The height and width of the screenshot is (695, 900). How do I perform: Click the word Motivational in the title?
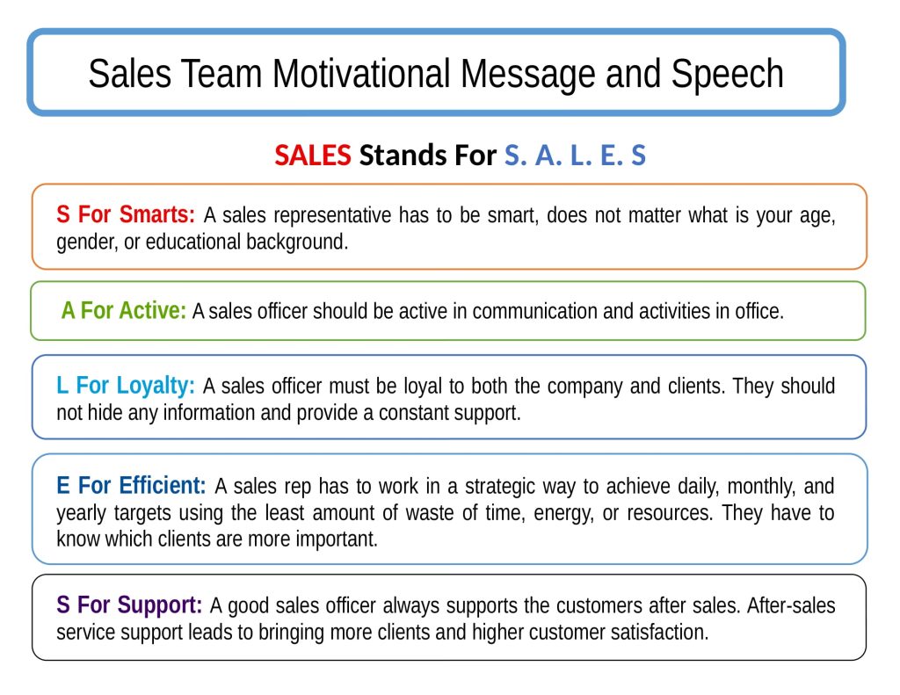pos(361,74)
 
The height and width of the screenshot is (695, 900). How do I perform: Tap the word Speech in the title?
pos(727,75)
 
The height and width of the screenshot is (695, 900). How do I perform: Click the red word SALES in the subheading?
pos(313,155)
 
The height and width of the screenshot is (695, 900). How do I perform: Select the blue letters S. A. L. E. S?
pos(575,155)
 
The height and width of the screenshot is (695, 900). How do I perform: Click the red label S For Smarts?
pos(126,214)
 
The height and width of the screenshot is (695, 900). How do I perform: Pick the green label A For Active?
pos(123,310)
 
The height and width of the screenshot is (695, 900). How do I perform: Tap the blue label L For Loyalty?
pos(126,387)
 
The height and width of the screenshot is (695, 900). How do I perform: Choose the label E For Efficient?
pos(131,486)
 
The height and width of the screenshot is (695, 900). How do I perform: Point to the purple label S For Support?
pos(129,605)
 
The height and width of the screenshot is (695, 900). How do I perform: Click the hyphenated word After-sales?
pos(791,605)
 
